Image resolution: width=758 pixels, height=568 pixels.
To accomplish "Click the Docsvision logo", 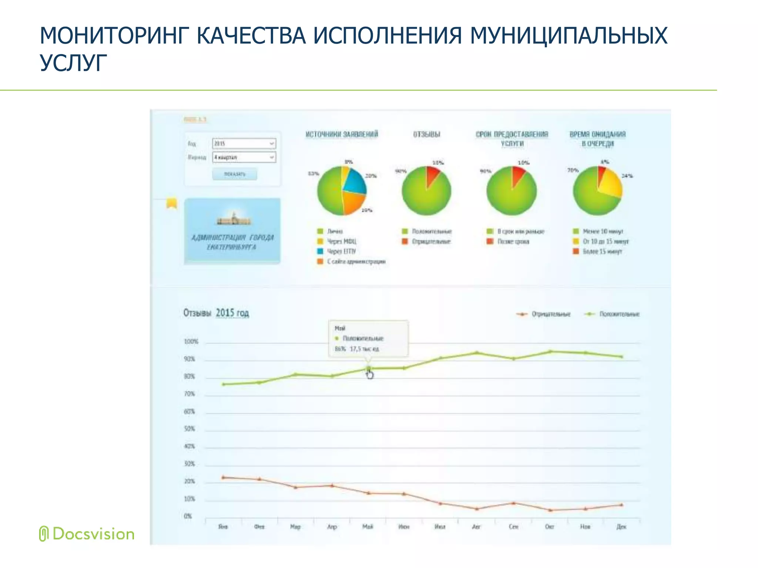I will (x=87, y=534).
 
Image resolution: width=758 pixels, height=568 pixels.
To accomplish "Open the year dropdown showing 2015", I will (x=244, y=143).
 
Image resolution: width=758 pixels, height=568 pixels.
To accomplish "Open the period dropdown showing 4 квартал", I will (x=244, y=158).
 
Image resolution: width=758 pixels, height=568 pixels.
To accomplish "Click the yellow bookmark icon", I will (x=171, y=203).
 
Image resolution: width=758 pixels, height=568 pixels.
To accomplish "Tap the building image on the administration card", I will (x=233, y=219).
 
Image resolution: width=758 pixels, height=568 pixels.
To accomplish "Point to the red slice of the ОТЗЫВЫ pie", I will (x=432, y=175).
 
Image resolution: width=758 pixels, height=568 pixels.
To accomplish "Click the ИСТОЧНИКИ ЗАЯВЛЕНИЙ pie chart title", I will (x=342, y=134).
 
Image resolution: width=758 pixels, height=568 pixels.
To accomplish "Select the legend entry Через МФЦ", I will (x=342, y=241).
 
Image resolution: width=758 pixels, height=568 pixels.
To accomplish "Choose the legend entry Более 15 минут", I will (x=602, y=252).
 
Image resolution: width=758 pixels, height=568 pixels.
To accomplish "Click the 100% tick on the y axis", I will (x=191, y=342).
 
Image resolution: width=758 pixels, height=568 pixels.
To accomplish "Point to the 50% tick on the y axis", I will (x=189, y=429).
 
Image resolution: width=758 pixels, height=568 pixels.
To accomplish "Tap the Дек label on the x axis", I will (x=621, y=527).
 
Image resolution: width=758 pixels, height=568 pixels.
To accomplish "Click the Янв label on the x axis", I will (x=223, y=527).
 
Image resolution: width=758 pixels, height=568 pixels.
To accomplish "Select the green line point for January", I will (x=224, y=385).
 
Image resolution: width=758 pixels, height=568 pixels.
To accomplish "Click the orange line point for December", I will (x=621, y=505).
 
